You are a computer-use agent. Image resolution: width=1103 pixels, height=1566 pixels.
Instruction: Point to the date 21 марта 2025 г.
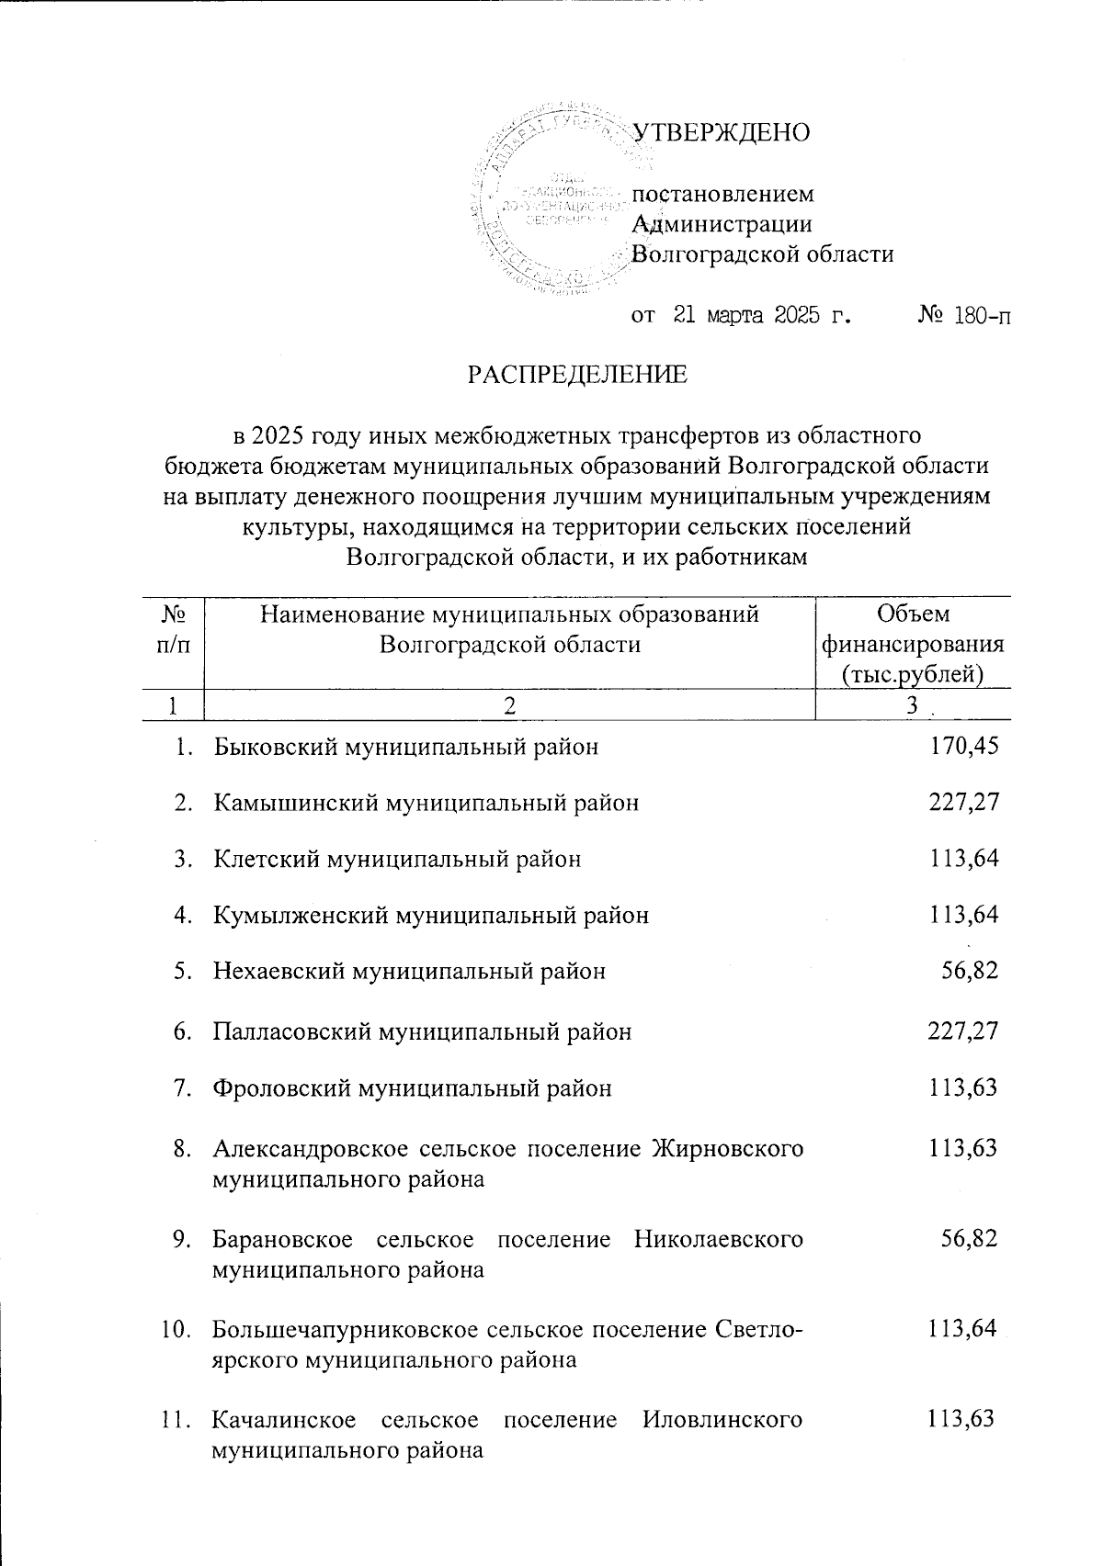tap(761, 318)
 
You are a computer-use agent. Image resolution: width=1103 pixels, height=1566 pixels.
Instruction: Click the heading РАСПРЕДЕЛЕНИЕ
tap(577, 376)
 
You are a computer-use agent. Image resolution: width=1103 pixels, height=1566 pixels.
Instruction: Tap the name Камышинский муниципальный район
tap(426, 804)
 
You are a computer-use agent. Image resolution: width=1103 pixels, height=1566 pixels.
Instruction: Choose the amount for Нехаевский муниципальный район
tap(970, 971)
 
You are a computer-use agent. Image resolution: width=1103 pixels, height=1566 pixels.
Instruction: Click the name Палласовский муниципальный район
tap(422, 1032)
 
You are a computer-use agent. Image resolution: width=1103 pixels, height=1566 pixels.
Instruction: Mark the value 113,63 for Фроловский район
tap(961, 1089)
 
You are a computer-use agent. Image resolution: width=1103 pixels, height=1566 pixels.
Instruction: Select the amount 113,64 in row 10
tap(962, 1329)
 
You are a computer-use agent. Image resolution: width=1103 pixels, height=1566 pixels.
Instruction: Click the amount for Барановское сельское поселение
tap(970, 1239)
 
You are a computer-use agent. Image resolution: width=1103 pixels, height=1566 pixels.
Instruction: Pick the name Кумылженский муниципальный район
tap(430, 916)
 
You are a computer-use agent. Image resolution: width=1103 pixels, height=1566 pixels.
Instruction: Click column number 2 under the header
tap(508, 705)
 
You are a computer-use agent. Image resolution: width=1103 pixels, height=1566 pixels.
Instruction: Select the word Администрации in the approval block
tap(723, 224)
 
